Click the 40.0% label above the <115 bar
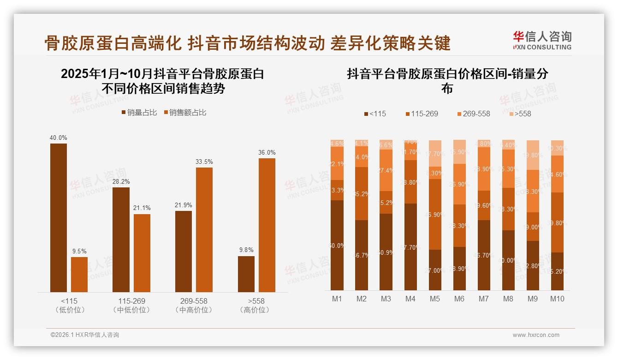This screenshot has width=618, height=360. click(x=59, y=138)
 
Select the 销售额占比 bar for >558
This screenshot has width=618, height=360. click(x=267, y=225)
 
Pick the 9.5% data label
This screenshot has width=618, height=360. click(x=79, y=251)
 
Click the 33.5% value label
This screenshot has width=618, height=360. click(x=204, y=162)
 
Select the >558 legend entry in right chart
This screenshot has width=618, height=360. click(x=519, y=114)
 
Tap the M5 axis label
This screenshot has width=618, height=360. click(x=434, y=299)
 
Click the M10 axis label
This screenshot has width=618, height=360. click(x=557, y=299)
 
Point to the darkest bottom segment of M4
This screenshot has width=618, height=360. click(x=410, y=247)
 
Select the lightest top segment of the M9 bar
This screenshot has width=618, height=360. click(x=532, y=155)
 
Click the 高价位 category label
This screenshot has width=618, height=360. click(x=255, y=310)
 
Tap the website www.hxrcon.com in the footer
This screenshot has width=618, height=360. click(x=536, y=335)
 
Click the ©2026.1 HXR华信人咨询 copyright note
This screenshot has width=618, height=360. click(x=85, y=335)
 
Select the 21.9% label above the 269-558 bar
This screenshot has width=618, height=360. click(x=184, y=205)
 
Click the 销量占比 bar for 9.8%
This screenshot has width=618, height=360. click(x=246, y=274)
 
